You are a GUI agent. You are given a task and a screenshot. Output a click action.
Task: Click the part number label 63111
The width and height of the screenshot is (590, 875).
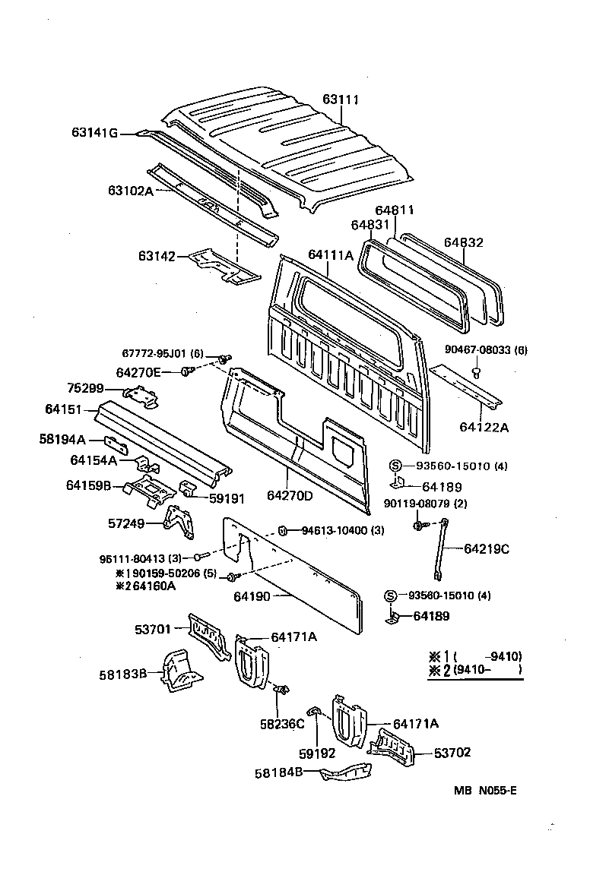point(340,100)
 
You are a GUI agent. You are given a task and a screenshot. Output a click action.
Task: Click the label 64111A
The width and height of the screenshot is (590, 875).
point(331,254)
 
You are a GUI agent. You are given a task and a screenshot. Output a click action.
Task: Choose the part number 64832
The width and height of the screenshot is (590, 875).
point(464,242)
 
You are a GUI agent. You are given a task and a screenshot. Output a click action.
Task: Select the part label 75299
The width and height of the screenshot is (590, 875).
point(84,388)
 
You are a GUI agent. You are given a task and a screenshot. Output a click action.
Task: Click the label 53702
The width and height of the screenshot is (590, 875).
point(452,753)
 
